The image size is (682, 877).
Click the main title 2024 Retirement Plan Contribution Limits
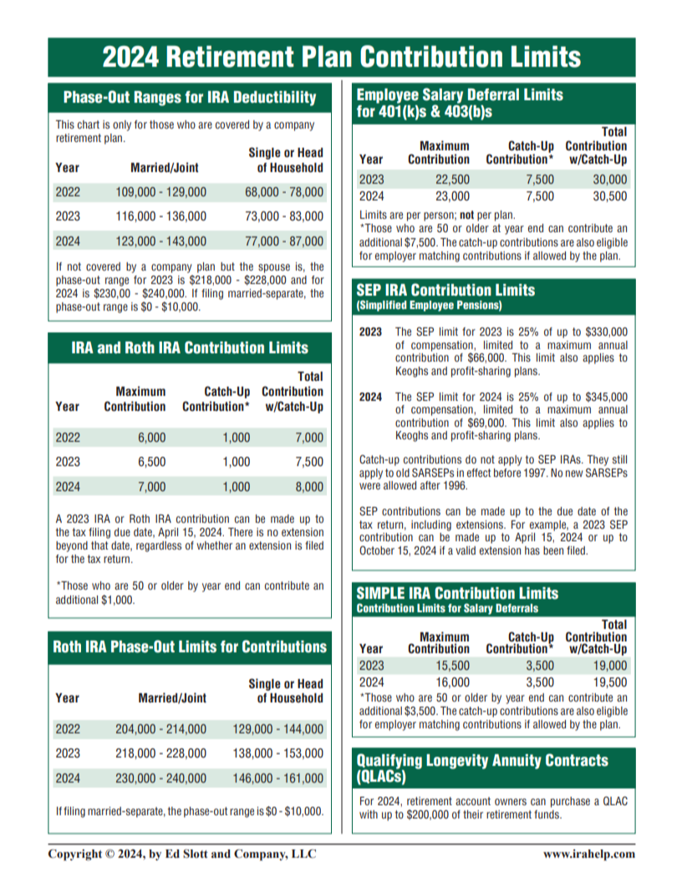[341, 57]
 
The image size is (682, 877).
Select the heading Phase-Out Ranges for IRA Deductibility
[190, 98]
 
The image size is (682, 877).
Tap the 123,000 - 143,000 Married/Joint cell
[160, 242]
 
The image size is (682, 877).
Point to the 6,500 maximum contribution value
[151, 462]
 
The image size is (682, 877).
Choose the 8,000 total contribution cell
[308, 487]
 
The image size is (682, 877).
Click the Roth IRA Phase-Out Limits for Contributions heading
[190, 646]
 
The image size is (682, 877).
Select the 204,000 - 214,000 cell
[160, 728]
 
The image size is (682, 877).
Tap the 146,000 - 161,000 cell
[277, 778]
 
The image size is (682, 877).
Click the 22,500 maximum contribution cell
[452, 180]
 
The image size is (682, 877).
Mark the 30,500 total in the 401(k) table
[609, 197]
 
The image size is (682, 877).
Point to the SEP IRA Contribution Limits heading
[445, 291]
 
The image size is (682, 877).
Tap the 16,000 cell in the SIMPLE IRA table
[452, 682]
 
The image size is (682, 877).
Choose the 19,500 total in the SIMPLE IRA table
[609, 682]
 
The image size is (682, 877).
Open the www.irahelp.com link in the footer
[588, 854]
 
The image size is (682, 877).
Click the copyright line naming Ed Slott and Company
[182, 854]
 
